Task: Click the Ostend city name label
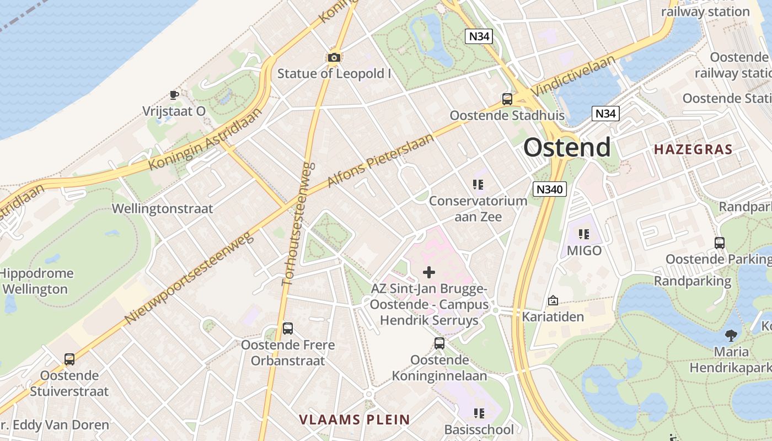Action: (567, 147)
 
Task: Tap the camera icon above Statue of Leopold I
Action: (334, 57)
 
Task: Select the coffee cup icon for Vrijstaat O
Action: (174, 95)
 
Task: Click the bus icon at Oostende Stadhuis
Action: (507, 99)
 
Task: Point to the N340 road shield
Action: (550, 190)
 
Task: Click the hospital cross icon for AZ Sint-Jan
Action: (429, 272)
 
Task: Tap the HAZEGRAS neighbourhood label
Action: (693, 149)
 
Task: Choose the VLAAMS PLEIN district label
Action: (355, 420)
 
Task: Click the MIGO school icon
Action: (584, 234)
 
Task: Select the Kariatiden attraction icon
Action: (553, 300)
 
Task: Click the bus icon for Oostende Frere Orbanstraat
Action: (287, 329)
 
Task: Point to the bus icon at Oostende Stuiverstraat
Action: (69, 359)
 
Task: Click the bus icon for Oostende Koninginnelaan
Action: (439, 343)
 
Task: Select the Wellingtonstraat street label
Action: (162, 209)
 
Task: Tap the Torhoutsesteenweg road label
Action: (298, 223)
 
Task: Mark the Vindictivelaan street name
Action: (574, 76)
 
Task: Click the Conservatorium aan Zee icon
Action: (478, 185)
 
